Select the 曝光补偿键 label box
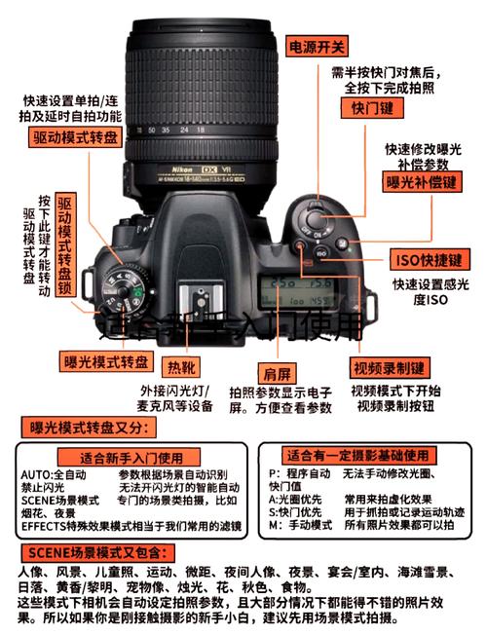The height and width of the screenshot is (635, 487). [x=421, y=182]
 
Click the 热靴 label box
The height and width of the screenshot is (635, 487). [x=181, y=367]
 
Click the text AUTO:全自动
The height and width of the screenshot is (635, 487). [x=54, y=474]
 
